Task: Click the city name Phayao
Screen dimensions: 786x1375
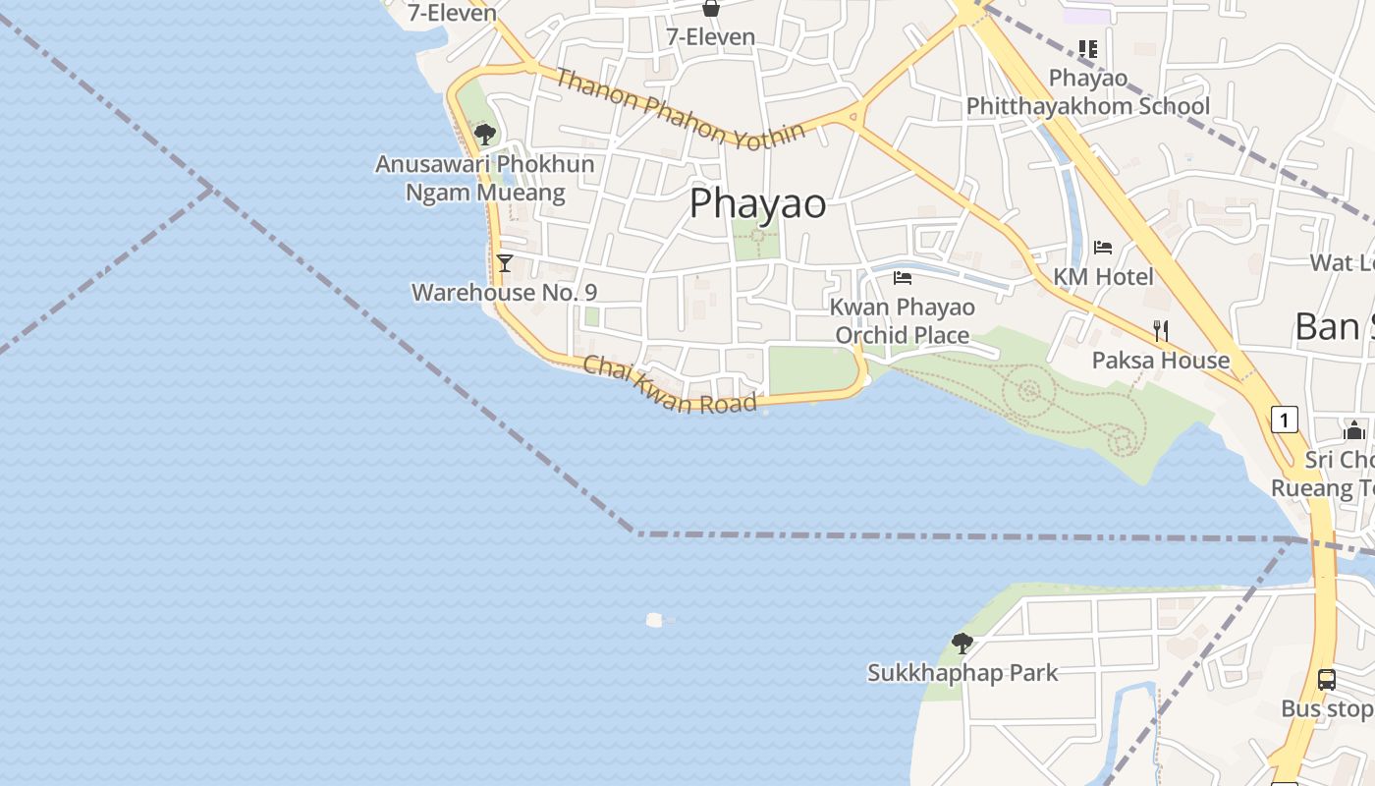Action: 757,203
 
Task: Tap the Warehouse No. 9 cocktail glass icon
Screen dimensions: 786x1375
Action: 505,263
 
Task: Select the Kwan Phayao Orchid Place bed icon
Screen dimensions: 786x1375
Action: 903,278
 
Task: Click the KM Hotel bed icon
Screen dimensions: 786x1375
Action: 1103,248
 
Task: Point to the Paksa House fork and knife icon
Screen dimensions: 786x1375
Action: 1161,330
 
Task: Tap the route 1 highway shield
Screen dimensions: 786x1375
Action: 1284,420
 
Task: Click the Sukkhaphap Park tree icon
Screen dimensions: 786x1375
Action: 962,644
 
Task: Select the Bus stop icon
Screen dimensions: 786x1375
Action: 1326,679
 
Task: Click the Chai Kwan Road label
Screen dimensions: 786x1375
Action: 670,384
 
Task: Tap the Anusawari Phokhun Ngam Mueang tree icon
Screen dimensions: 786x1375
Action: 484,134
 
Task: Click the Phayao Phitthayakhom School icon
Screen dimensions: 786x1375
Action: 1087,48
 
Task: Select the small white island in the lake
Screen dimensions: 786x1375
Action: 655,620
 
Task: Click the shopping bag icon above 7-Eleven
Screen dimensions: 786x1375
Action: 711,9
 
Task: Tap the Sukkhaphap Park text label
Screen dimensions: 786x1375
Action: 962,673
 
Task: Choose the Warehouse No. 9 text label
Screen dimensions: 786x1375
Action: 504,292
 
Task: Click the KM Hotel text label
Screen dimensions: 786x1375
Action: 1103,277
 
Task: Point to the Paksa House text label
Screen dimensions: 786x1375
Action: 1161,361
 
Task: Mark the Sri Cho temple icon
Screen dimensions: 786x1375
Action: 1354,430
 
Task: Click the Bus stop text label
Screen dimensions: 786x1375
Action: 1327,708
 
